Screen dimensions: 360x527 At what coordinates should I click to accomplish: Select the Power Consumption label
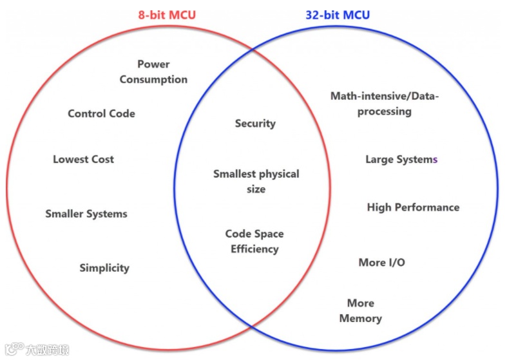[153, 71]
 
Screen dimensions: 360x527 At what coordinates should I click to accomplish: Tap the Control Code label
[101, 113]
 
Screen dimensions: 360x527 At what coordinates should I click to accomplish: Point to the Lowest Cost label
[83, 159]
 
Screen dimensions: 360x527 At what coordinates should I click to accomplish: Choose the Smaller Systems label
[86, 214]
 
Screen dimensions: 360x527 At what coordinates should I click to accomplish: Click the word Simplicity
[104, 268]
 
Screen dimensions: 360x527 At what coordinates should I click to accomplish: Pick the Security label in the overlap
[255, 123]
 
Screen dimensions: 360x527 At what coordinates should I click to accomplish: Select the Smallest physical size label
[256, 181]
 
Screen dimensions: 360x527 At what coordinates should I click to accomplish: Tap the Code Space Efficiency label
[254, 241]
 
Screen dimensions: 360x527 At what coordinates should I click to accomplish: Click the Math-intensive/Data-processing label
[385, 103]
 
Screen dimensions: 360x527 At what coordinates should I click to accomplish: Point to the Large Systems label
[401, 159]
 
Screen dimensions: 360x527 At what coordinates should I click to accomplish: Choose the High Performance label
[413, 207]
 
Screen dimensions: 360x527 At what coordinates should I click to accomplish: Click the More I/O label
[381, 262]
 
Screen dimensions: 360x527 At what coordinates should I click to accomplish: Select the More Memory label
[360, 310]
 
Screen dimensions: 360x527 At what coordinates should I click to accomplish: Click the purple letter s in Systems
[435, 160]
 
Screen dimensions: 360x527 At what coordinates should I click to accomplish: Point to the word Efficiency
[254, 249]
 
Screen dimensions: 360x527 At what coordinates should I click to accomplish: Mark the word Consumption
[153, 79]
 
